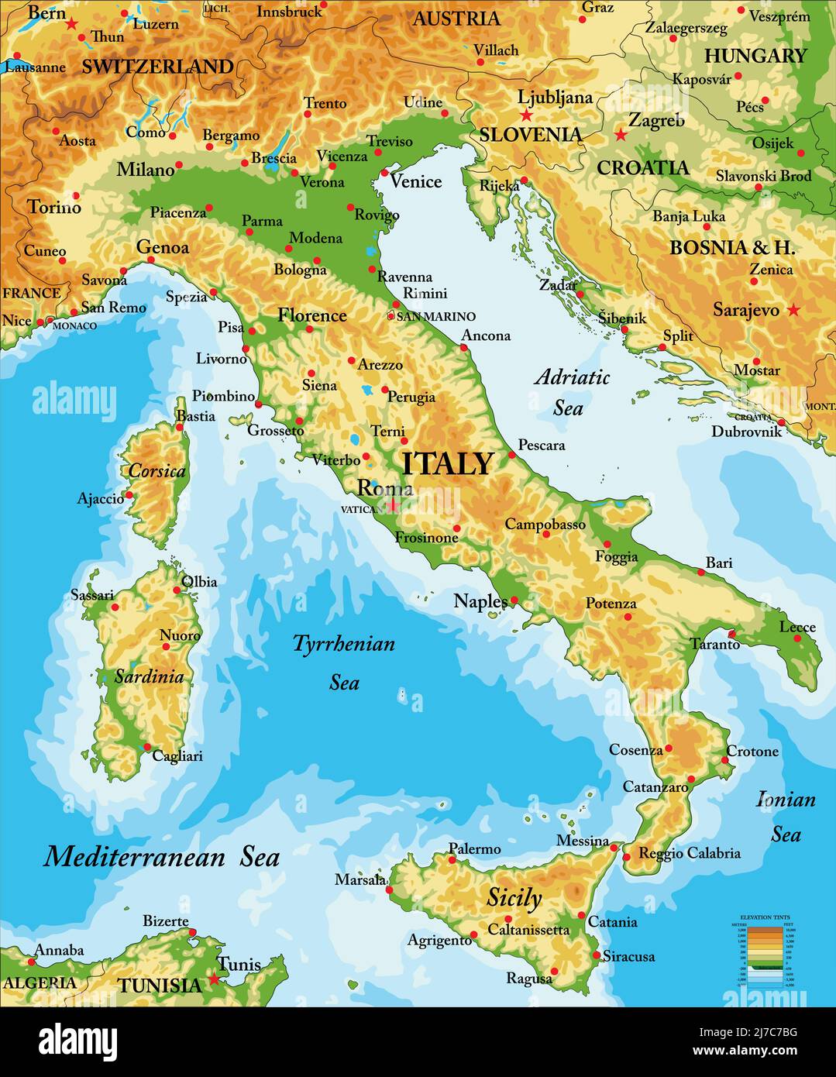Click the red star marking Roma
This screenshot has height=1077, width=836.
pyautogui.click(x=393, y=505)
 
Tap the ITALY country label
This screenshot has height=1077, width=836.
pyautogui.click(x=448, y=463)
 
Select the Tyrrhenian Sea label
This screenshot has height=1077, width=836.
pyautogui.click(x=344, y=662)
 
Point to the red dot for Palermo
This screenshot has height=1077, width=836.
pyautogui.click(x=452, y=859)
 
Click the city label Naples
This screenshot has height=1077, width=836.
pyautogui.click(x=480, y=601)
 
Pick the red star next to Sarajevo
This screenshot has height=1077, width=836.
pyautogui.click(x=793, y=310)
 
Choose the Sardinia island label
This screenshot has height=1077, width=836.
pyautogui.click(x=149, y=676)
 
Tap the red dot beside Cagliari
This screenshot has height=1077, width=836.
pyautogui.click(x=146, y=747)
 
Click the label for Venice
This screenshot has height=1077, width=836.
pyautogui.click(x=416, y=181)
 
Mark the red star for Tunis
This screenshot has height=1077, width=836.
pyautogui.click(x=215, y=979)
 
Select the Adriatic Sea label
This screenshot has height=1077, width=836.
pyautogui.click(x=573, y=392)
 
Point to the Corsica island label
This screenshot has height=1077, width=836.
pyautogui.click(x=157, y=470)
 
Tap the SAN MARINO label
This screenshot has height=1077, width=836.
pyautogui.click(x=435, y=316)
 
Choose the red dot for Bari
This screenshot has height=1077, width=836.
pyautogui.click(x=701, y=573)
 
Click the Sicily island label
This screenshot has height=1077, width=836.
pyautogui.click(x=514, y=898)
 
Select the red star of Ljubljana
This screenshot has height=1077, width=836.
pyautogui.click(x=527, y=115)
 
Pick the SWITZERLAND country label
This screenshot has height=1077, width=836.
pyautogui.click(x=157, y=67)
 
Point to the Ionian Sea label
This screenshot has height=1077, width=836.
pyautogui.click(x=786, y=816)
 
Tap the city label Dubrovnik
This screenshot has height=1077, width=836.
pyautogui.click(x=747, y=432)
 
